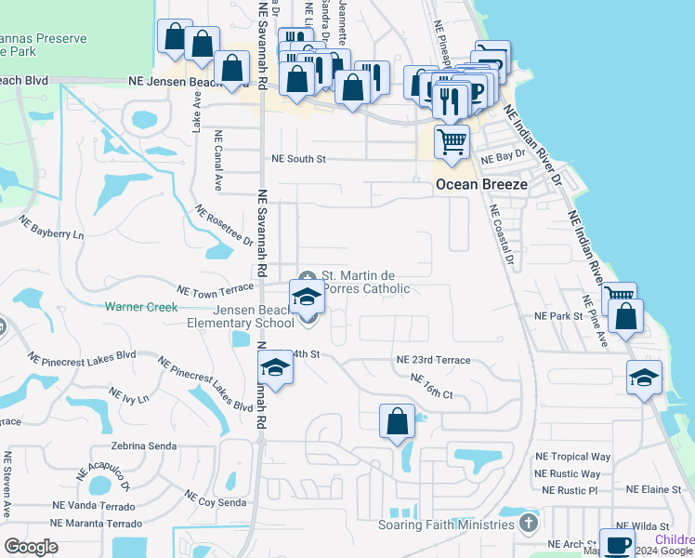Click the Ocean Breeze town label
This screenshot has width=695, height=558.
tap(482, 185)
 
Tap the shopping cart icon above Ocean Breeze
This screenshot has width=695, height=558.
tap(452, 142)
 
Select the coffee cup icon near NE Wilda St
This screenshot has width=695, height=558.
tap(617, 544)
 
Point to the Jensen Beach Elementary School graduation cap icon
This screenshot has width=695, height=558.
tap(306, 297)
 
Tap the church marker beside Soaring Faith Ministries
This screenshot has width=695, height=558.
tap(529, 524)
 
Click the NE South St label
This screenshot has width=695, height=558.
tap(298, 159)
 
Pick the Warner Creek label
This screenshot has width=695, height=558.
tap(140, 306)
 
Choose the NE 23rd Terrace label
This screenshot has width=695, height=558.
tap(433, 360)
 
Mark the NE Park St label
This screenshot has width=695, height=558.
tap(557, 316)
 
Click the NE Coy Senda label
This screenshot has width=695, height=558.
tap(215, 498)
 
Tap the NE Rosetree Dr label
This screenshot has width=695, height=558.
tap(224, 226)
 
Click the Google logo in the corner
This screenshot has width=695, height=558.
tap(32, 547)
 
